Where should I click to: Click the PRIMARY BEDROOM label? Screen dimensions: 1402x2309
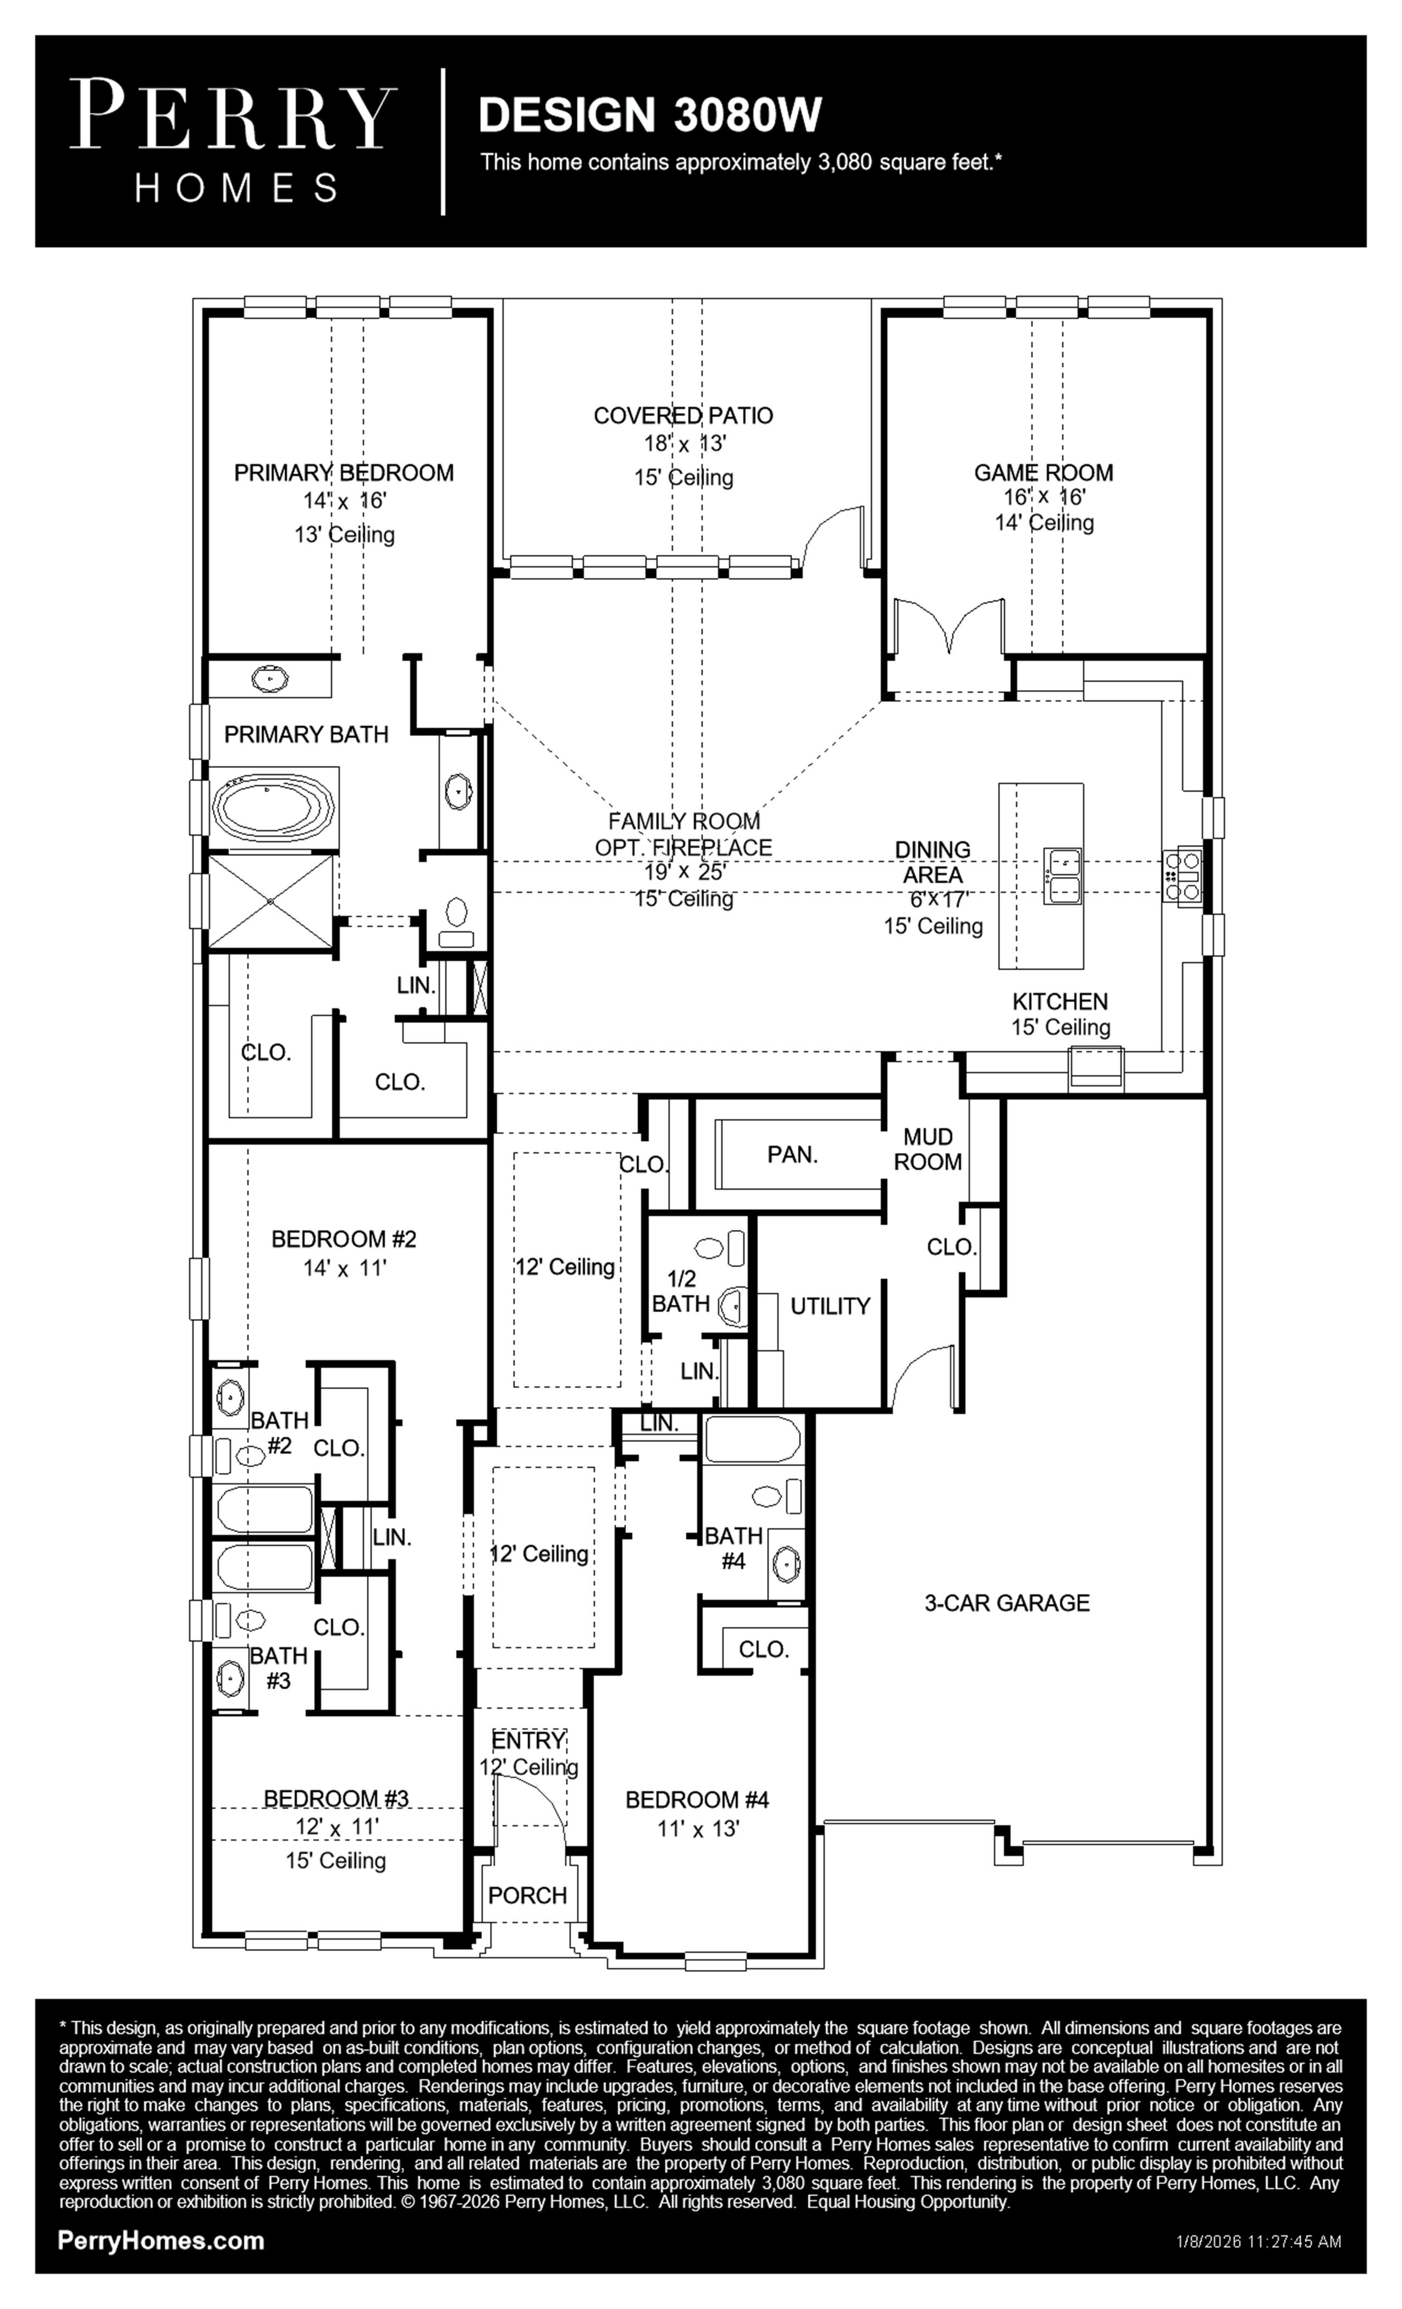344,473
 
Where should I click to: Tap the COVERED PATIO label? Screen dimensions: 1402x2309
683,415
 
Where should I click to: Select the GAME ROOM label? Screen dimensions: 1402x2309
1043,473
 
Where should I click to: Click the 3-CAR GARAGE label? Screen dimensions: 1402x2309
1007,1603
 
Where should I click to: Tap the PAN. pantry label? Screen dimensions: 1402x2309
793,1154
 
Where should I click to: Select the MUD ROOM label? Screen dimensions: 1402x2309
928,1149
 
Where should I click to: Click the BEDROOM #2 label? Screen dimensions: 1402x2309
344,1239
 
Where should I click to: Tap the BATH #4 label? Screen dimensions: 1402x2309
734,1548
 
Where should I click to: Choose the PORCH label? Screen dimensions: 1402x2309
528,1895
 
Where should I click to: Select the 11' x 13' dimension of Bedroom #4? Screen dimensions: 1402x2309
698,1829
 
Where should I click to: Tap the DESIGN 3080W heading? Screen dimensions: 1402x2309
650,114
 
